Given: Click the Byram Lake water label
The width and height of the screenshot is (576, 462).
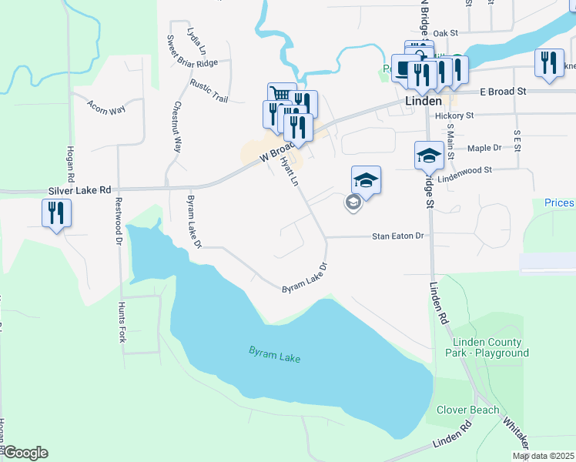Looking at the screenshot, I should point(273,355).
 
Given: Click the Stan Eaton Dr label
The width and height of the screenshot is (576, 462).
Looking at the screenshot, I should point(399,236).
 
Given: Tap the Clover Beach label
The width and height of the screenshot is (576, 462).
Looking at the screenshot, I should point(467,410).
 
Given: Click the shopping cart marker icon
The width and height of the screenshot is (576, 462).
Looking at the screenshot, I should point(280,95).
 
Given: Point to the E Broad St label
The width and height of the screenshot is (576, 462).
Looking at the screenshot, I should point(502,91).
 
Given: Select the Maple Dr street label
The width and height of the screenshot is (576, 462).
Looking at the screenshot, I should point(484,147).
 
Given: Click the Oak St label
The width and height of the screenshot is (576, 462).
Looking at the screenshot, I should point(445,33).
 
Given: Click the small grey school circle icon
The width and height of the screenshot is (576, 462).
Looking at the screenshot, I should point(353,203).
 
